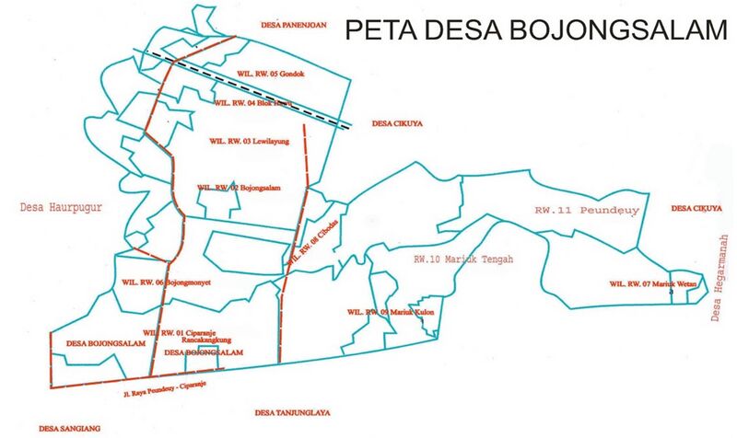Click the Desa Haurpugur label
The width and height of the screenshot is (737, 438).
[x=58, y=208]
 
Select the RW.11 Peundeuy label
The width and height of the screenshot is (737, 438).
[x=587, y=211]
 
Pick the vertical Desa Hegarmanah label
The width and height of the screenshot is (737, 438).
[x=718, y=277]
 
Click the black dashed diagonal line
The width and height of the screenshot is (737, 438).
[x=249, y=86]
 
